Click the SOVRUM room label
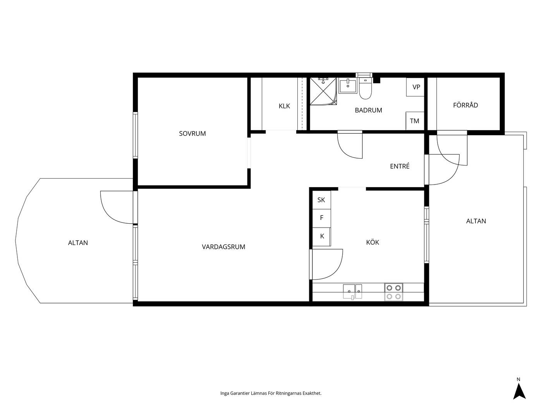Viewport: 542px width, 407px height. (x=192, y=133)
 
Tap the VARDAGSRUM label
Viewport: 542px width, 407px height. (x=223, y=247)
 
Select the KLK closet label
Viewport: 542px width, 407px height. (x=284, y=106)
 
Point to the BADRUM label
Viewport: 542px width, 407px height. (x=369, y=110)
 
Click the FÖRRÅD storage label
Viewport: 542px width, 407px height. (x=465, y=105)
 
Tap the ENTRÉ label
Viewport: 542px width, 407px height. (x=400, y=166)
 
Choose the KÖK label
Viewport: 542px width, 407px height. (x=372, y=242)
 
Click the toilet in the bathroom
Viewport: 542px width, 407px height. (x=365, y=88)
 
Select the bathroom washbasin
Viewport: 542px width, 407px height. (x=348, y=86)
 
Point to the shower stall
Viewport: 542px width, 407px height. (x=323, y=91)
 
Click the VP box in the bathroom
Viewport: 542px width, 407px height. (x=415, y=87)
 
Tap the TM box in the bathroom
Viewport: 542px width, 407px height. (x=415, y=121)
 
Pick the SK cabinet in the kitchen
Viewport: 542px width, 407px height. (x=321, y=200)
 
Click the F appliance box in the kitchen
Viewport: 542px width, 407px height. (x=321, y=218)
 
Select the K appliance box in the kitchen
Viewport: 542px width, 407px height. (x=321, y=236)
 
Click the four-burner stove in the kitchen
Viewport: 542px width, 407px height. (x=394, y=292)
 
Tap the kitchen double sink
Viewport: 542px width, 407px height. (x=352, y=291)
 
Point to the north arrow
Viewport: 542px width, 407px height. (x=519, y=391)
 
